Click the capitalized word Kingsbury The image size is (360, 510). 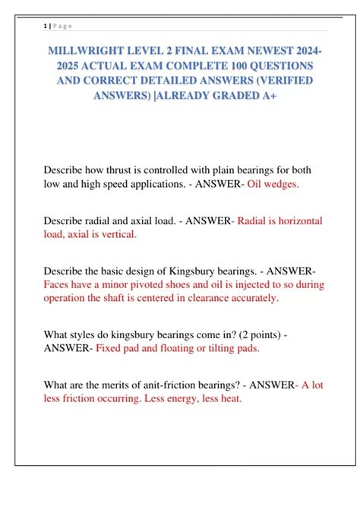tap(201, 271)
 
